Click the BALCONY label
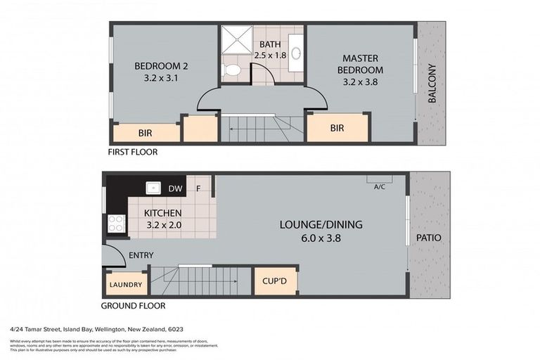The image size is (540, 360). click(432, 84)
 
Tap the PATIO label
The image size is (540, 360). click(428, 238)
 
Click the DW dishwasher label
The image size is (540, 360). click(175, 188)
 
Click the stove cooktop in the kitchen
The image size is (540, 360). click(115, 224)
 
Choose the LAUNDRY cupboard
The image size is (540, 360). click(127, 285)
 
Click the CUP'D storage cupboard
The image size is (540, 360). click(276, 281)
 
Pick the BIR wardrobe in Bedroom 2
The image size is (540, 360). click(146, 131)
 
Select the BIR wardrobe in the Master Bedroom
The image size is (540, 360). click(337, 128)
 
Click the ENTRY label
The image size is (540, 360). click(141, 255)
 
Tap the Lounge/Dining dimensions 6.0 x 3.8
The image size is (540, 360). click(321, 238)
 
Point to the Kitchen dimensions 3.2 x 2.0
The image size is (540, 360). click(163, 225)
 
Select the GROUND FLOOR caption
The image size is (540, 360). click(134, 306)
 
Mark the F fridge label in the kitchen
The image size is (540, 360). click(198, 188)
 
